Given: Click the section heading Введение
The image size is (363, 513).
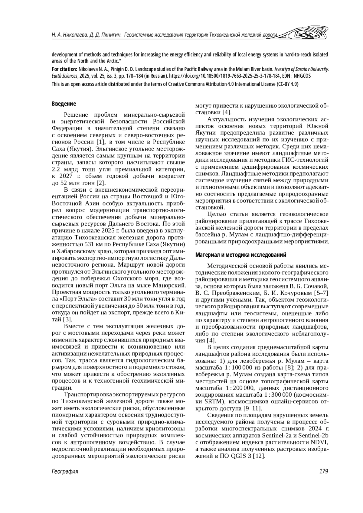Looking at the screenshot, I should [x=64, y=104].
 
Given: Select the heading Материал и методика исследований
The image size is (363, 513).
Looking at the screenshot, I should [x=241, y=255].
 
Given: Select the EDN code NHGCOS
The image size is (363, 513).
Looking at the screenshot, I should [x=302, y=76].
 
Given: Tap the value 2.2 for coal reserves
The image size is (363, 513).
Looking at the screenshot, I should [x=57, y=169].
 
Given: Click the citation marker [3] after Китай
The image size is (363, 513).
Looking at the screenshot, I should [x=67, y=319].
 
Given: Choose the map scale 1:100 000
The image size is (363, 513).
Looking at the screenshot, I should [x=237, y=368].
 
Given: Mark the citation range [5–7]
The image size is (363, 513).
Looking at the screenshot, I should [x=321, y=293].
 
